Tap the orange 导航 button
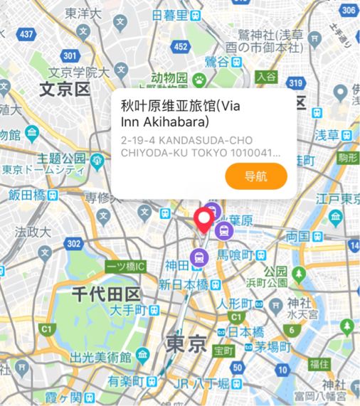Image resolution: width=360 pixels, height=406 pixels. pos(255,176)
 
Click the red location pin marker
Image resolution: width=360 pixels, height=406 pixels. pos(207,219)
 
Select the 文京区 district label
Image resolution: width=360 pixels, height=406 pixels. pos(65,90)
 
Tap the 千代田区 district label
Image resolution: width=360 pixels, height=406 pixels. pos(105,293)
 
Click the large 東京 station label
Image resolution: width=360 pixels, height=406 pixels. pos(186,343)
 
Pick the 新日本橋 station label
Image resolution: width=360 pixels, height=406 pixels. pos(184,284)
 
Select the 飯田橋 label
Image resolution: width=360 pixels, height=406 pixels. pos(28,194)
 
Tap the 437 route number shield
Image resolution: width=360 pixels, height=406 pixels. pos(27,33)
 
